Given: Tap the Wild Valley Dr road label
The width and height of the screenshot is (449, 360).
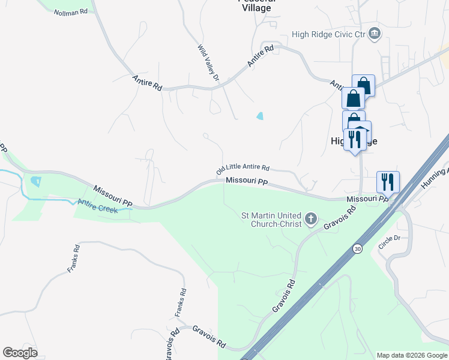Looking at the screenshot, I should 209,62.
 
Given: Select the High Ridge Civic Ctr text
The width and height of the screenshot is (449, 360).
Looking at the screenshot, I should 328,34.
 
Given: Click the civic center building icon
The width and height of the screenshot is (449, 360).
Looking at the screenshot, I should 375,32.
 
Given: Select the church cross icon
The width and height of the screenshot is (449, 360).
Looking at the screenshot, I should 311,218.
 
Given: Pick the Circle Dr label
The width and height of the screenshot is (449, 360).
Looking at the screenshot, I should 389,241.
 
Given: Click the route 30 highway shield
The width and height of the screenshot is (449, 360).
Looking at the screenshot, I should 357,248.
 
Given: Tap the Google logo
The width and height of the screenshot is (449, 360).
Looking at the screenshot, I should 20,353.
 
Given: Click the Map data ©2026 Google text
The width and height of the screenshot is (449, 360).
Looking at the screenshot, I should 411,355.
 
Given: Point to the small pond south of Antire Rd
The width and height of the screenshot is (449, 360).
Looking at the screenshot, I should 260,116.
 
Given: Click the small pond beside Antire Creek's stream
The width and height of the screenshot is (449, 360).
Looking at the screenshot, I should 35,181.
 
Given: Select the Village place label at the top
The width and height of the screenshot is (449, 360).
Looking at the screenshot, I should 256,8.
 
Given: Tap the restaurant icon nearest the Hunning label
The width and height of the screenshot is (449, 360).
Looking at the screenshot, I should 388,181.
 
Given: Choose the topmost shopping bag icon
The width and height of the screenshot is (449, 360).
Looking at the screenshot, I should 364,85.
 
